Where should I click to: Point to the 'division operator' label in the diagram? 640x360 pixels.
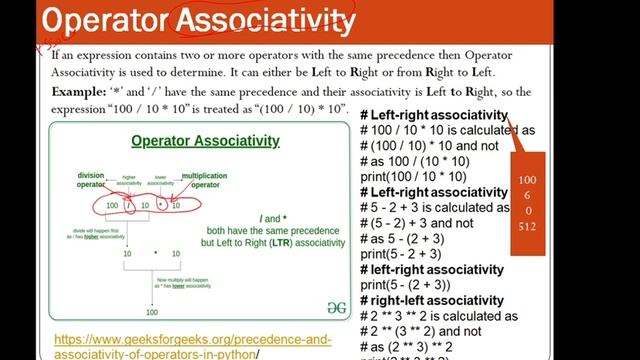pyautogui.click(x=91, y=180)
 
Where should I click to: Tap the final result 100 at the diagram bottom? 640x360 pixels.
pyautogui.click(x=153, y=312)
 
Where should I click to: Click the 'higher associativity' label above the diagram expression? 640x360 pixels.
pyautogui.click(x=129, y=181)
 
